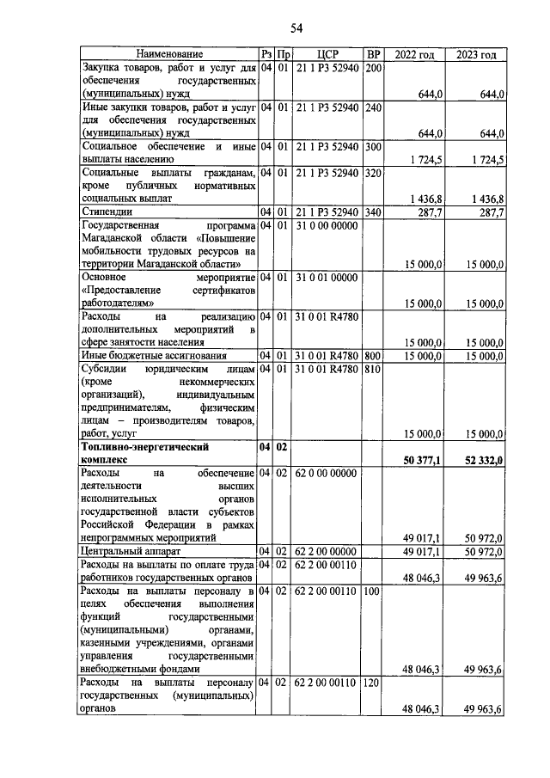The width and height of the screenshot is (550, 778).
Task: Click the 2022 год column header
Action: pos(414,54)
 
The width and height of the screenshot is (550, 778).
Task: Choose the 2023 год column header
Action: pos(476,54)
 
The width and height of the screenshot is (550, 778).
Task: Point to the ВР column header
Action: pos(372,54)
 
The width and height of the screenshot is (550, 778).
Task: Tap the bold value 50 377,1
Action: pos(423,460)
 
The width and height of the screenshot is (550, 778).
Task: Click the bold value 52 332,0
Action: pos(484,460)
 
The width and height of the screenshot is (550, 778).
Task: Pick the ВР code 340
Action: pos(372,211)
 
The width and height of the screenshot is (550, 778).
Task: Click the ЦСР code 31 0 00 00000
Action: pos(327,225)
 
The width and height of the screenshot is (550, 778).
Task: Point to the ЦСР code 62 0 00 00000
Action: pos(327,473)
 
